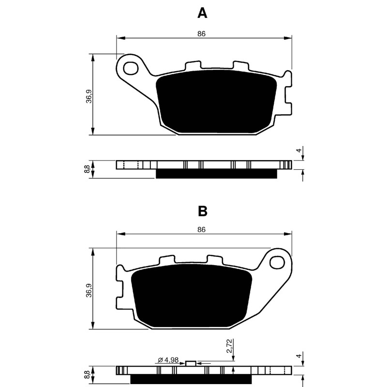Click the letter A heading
point(202,13)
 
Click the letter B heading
point(203,211)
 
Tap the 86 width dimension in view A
point(201,34)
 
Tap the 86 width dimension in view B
point(201,229)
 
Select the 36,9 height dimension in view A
point(89,96)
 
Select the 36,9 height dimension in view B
point(89,290)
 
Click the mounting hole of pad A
point(131,68)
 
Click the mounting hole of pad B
point(277,263)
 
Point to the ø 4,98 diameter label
point(168,360)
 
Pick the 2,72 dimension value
point(229,346)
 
